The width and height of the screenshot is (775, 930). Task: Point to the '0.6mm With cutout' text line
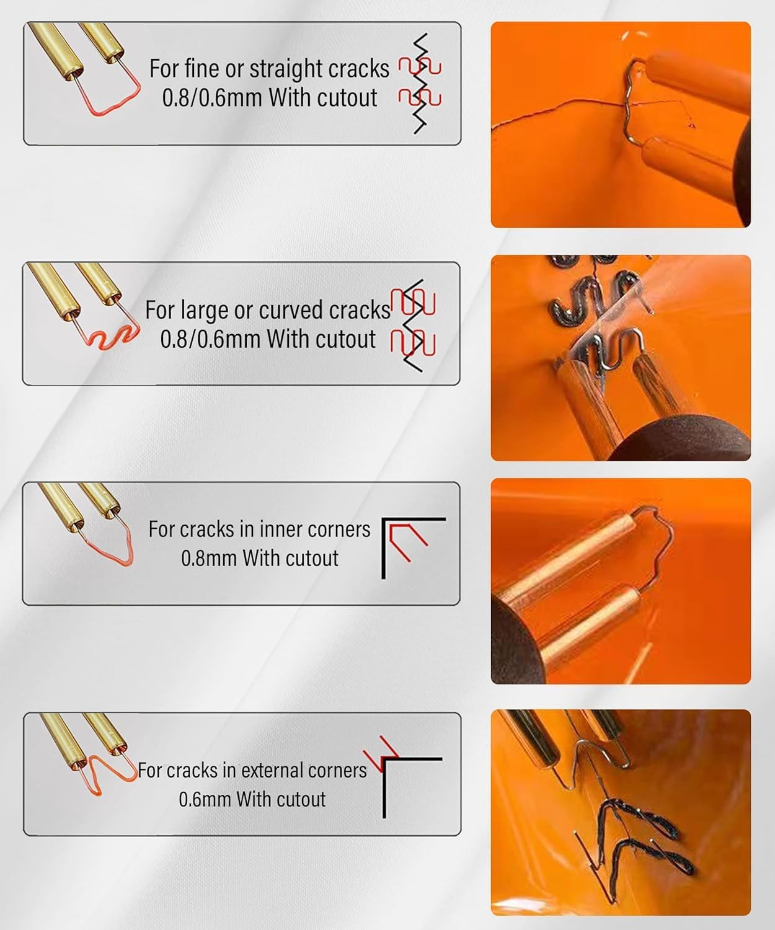252,799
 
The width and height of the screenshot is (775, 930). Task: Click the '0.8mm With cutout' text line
259,558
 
